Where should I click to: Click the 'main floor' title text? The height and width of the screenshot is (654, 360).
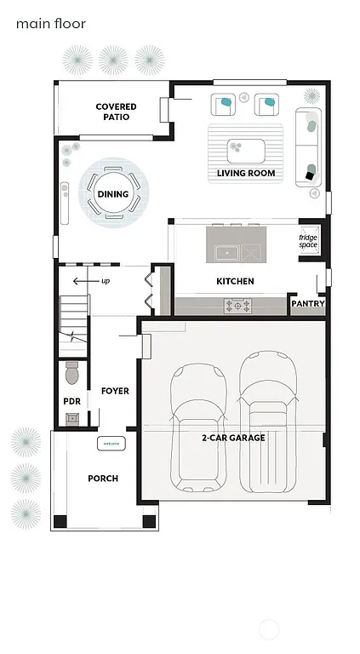pyautogui.click(x=50, y=24)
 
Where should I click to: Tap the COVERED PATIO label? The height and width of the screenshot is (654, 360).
pyautogui.click(x=116, y=112)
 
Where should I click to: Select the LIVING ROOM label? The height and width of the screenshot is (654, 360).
pyautogui.click(x=246, y=173)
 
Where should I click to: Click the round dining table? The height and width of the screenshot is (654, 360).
pyautogui.click(x=112, y=194)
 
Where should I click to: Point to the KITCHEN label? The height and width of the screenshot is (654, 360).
pyautogui.click(x=235, y=281)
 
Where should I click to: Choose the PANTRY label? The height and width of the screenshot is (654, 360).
pyautogui.click(x=307, y=303)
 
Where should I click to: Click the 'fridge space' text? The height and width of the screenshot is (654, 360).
pyautogui.click(x=308, y=242)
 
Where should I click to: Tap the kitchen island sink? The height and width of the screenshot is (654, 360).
pyautogui.click(x=226, y=252)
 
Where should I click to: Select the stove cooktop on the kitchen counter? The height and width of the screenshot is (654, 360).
pyautogui.click(x=237, y=304)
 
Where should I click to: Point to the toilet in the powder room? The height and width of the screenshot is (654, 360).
pyautogui.click(x=72, y=373)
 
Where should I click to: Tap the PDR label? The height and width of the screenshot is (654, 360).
pyautogui.click(x=71, y=401)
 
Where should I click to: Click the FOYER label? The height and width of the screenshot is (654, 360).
pyautogui.click(x=115, y=391)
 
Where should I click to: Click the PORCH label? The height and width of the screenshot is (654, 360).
pyautogui.click(x=103, y=479)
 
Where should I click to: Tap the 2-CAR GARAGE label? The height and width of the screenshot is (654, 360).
pyautogui.click(x=233, y=438)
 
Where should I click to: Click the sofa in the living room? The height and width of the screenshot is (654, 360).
pyautogui.click(x=308, y=148)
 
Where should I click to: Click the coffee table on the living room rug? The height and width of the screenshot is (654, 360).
pyautogui.click(x=246, y=150)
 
